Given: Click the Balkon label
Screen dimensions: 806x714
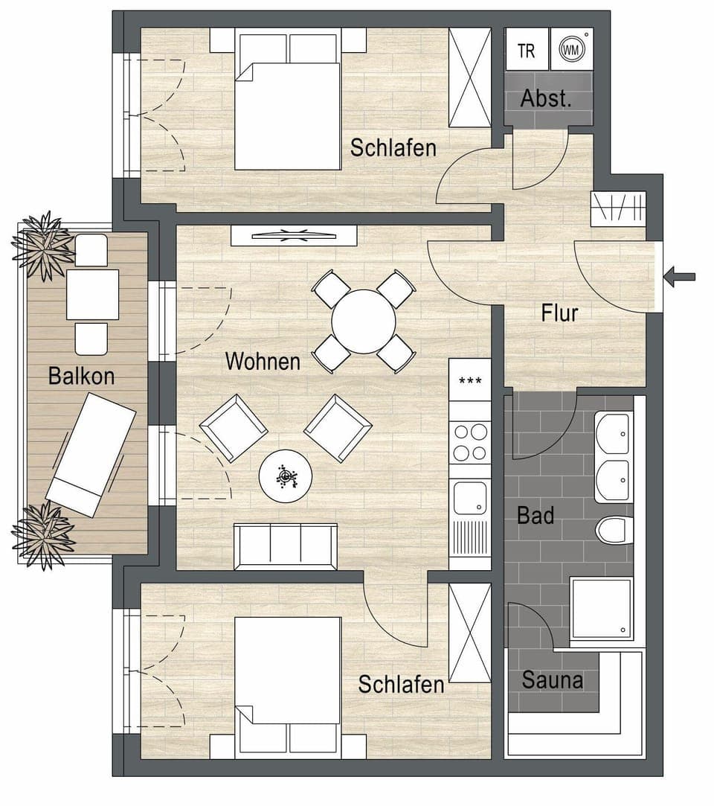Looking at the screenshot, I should [81, 376].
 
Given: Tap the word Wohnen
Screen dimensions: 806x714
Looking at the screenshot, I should [263, 362].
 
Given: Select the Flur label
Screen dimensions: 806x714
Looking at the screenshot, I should [559, 313].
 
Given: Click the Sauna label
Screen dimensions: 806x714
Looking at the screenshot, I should [552, 679].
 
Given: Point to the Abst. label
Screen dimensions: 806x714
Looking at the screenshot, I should [546, 99].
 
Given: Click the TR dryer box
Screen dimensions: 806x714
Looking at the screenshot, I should [527, 51].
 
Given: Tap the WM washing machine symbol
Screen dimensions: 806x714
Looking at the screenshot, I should [570, 51].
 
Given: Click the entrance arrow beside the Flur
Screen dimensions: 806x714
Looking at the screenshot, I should [679, 278].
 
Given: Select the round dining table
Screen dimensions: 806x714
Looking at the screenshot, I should [363, 322].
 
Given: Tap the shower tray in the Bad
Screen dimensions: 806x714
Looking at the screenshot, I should [601, 608].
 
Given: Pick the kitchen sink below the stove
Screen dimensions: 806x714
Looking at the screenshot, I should [470, 497].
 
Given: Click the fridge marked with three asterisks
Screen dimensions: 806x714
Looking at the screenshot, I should [470, 381].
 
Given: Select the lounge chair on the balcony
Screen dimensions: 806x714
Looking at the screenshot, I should [91, 455].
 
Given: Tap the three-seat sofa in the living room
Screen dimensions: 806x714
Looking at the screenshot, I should [286, 546].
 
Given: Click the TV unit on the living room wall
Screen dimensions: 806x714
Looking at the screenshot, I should [293, 236].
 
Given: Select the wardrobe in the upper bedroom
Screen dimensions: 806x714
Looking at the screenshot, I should [469, 77].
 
